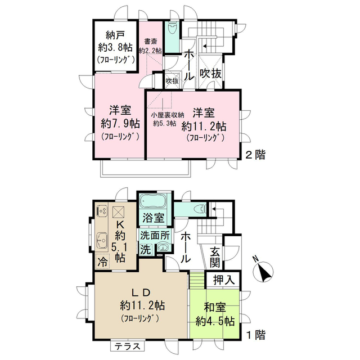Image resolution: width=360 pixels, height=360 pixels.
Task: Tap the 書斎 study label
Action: coord(150,40)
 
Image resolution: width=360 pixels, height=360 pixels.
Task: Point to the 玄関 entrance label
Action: coord(216,258)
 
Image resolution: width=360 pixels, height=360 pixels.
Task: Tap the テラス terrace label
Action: coord(129,346)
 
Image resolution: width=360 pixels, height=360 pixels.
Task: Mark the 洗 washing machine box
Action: coord(145,249)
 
